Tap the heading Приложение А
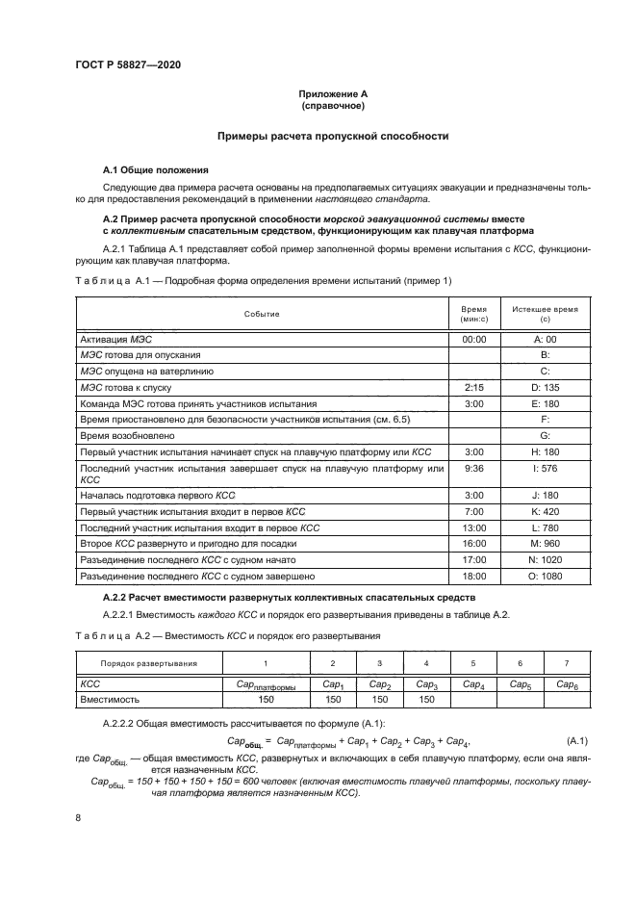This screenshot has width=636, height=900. click(331, 93)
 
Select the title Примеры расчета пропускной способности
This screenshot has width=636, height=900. click(332, 137)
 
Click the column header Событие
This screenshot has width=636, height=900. click(262, 314)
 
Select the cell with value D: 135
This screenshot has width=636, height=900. click(545, 387)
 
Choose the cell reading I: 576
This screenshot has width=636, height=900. click(545, 468)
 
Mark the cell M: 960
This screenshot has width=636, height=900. click(545, 544)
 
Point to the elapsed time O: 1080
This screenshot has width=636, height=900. click(545, 576)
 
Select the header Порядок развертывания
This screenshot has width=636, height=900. click(149, 664)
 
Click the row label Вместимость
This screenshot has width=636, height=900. click(114, 700)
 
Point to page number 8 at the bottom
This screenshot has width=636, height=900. click(78, 817)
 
